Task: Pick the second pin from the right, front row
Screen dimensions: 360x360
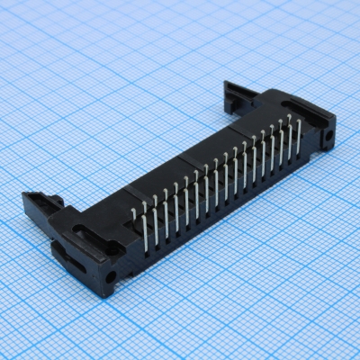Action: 290,142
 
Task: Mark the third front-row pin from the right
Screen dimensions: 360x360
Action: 281,148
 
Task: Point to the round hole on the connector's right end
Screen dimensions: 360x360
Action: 328,138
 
